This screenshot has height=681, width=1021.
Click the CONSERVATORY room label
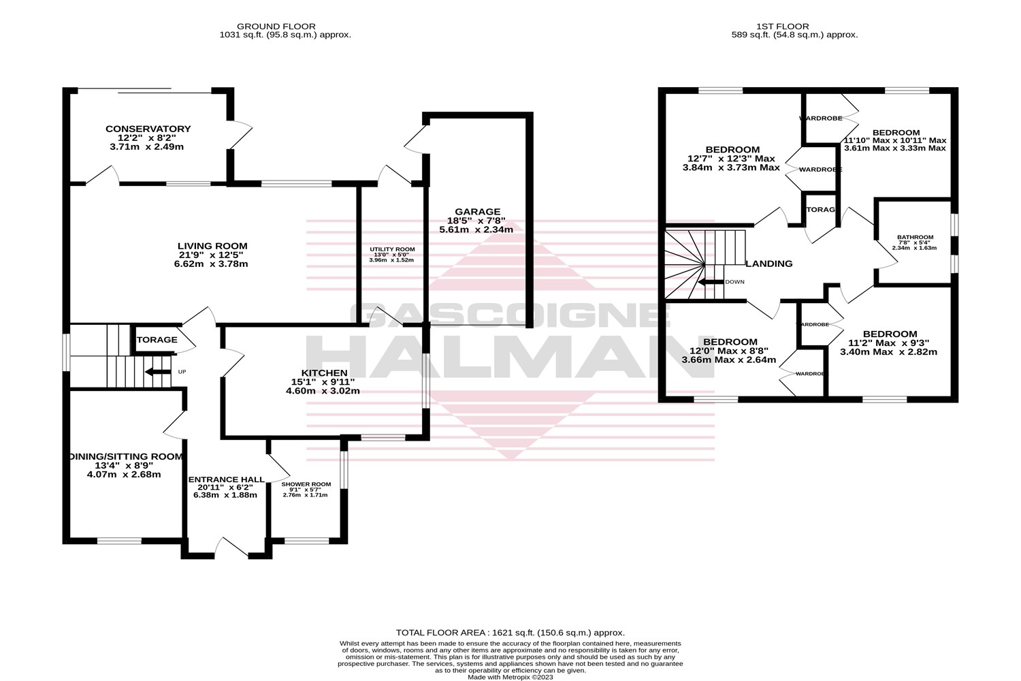[x=148, y=129]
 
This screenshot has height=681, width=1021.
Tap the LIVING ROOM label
[x=212, y=246]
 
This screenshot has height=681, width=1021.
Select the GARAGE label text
[x=483, y=211]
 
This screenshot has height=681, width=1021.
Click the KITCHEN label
[x=325, y=373]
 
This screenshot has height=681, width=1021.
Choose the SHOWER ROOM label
[x=306, y=484]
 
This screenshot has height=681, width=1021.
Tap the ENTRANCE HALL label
[x=226, y=479]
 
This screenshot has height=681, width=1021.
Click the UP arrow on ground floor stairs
[x=157, y=372]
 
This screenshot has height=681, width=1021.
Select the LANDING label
[x=769, y=264]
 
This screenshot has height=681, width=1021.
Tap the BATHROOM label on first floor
[x=915, y=237]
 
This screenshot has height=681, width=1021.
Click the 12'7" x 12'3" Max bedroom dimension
[x=732, y=159]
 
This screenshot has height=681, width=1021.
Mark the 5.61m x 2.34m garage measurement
[x=483, y=230]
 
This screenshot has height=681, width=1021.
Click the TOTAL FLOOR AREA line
[x=510, y=633]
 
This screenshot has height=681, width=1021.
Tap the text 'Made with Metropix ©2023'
[x=510, y=677]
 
